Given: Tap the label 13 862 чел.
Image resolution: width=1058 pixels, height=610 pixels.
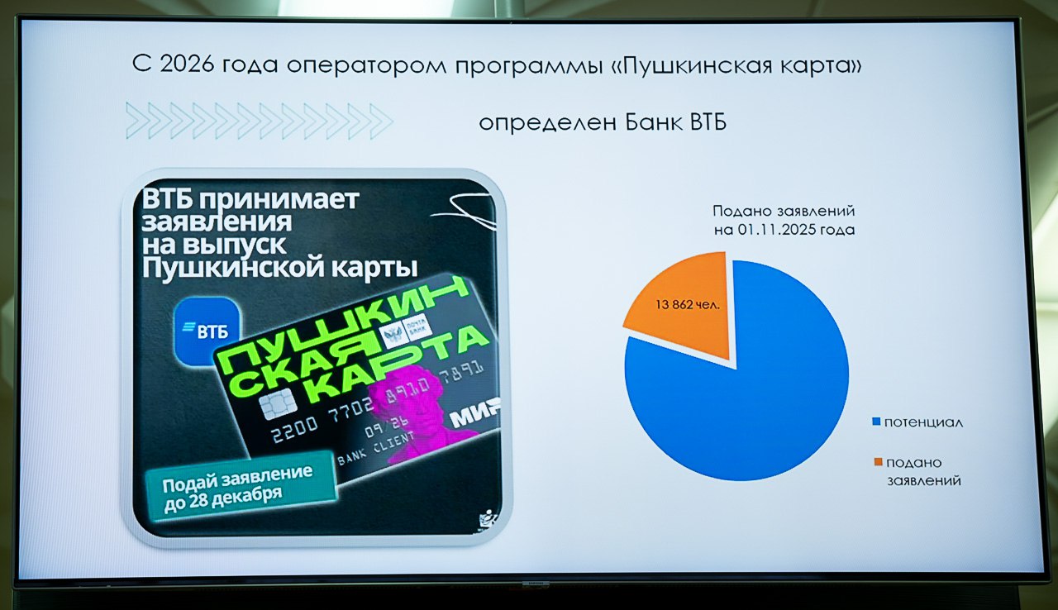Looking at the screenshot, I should click(x=688, y=304).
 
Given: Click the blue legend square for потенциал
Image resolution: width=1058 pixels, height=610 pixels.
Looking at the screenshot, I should click(x=876, y=422).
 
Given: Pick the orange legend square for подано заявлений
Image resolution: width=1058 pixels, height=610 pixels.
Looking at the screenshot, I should click(x=876, y=462).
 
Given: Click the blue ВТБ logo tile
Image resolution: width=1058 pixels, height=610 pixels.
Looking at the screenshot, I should click(x=207, y=330).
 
